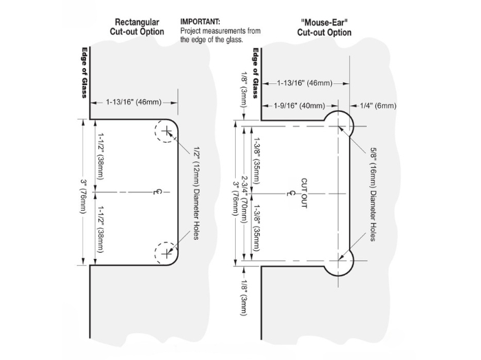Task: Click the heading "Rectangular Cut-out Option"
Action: (x=137, y=26)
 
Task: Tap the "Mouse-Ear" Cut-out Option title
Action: (x=324, y=27)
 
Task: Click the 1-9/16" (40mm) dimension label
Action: (x=298, y=105)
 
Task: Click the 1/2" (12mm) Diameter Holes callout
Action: (x=197, y=192)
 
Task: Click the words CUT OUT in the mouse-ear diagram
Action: (x=302, y=192)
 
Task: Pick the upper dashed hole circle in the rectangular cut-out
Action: (x=168, y=131)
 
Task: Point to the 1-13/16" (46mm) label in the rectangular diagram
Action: (x=134, y=102)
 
